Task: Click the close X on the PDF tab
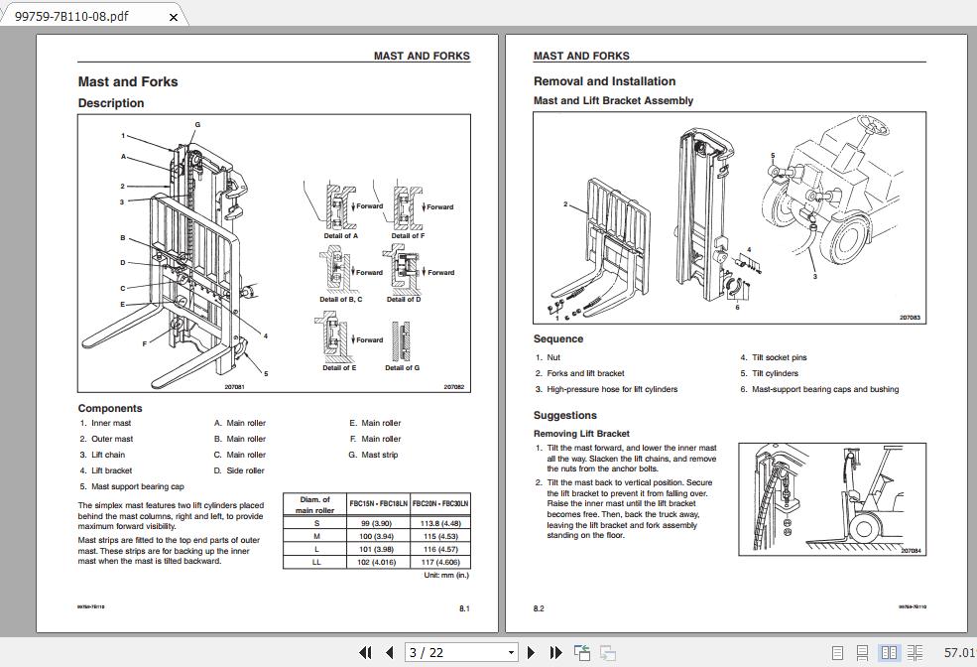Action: coord(175,17)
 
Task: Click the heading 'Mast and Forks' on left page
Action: coord(128,82)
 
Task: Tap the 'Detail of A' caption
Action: coord(340,236)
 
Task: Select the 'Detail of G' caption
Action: coord(402,368)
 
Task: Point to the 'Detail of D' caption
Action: coord(403,299)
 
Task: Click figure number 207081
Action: coord(234,387)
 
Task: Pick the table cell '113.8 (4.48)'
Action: coord(440,523)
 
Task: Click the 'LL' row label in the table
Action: coord(316,562)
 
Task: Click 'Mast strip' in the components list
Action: coord(380,455)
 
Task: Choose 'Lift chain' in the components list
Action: coord(108,455)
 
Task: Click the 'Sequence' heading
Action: coord(558,339)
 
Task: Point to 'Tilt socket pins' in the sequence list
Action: coord(779,357)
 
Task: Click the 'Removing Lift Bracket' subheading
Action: coord(581,434)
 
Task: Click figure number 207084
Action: coord(911,550)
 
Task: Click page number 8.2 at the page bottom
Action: coord(539,608)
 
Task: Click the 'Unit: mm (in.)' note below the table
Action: coord(446,576)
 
